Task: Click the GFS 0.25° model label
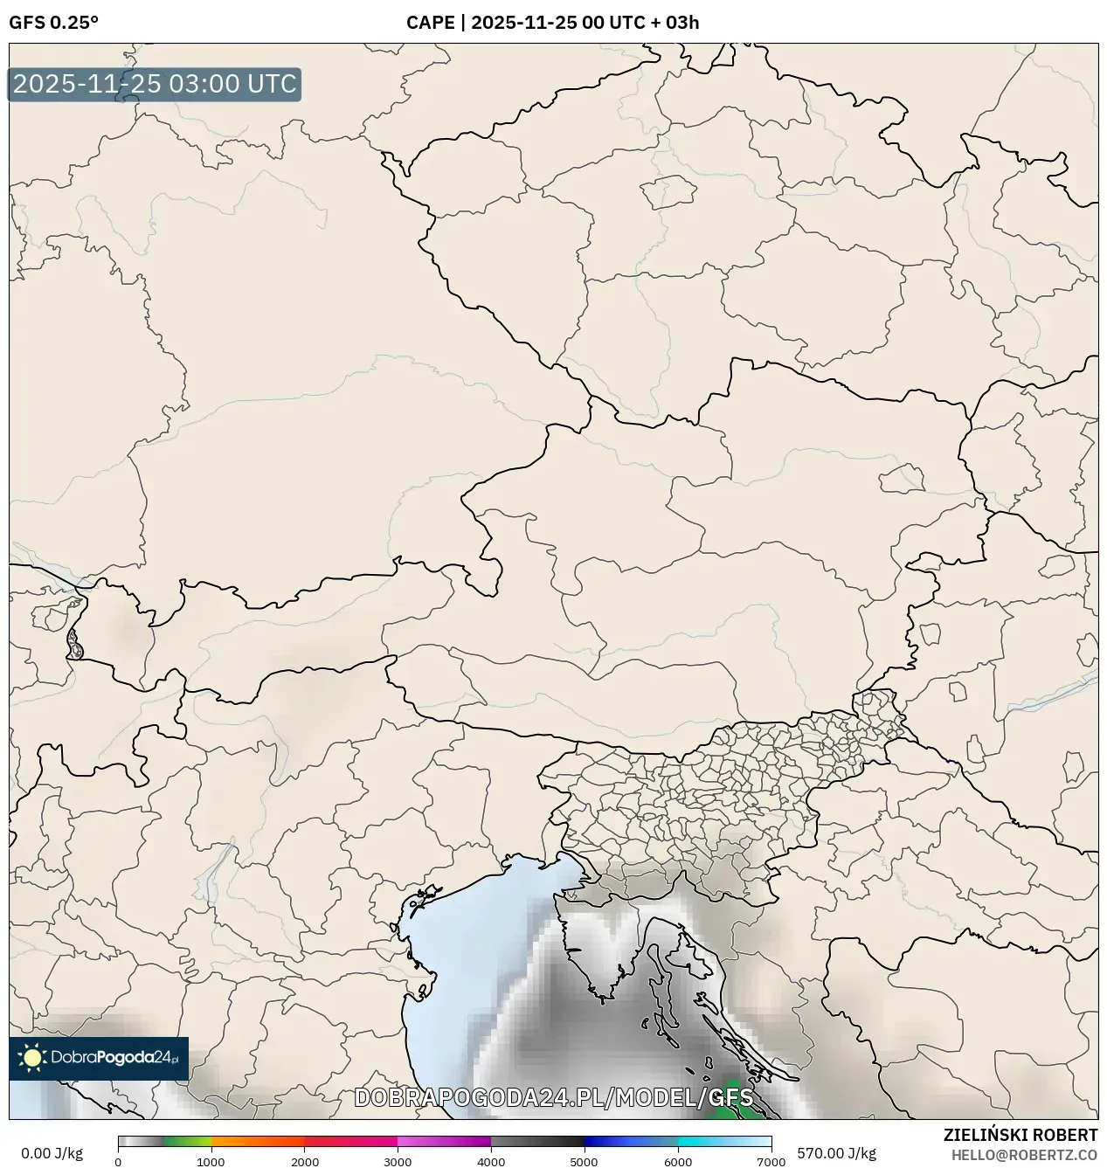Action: coord(53,23)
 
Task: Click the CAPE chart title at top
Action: coord(552,23)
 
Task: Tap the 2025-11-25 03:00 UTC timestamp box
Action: coord(155,85)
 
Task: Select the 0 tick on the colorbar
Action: coord(118,1161)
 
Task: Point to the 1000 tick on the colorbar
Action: coord(211,1161)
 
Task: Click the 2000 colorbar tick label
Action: coord(304,1161)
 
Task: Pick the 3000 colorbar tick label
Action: coord(398,1161)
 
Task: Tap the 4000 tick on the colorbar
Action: coord(491,1161)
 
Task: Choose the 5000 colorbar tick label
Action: coord(584,1161)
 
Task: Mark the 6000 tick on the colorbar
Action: coord(677,1161)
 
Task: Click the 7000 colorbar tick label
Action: coord(771,1161)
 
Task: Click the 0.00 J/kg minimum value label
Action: coord(52,1153)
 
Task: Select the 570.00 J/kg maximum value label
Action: coord(836,1153)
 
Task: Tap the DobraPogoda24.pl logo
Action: coord(99,1058)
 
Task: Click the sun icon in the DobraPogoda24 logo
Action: coord(32,1058)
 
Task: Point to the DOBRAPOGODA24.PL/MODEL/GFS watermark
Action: coord(553,1098)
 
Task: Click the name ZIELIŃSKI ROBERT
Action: coord(1021,1135)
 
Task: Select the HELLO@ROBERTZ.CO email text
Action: coord(1024,1154)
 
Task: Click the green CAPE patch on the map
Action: coord(725,1108)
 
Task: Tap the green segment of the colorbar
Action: coord(187,1141)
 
